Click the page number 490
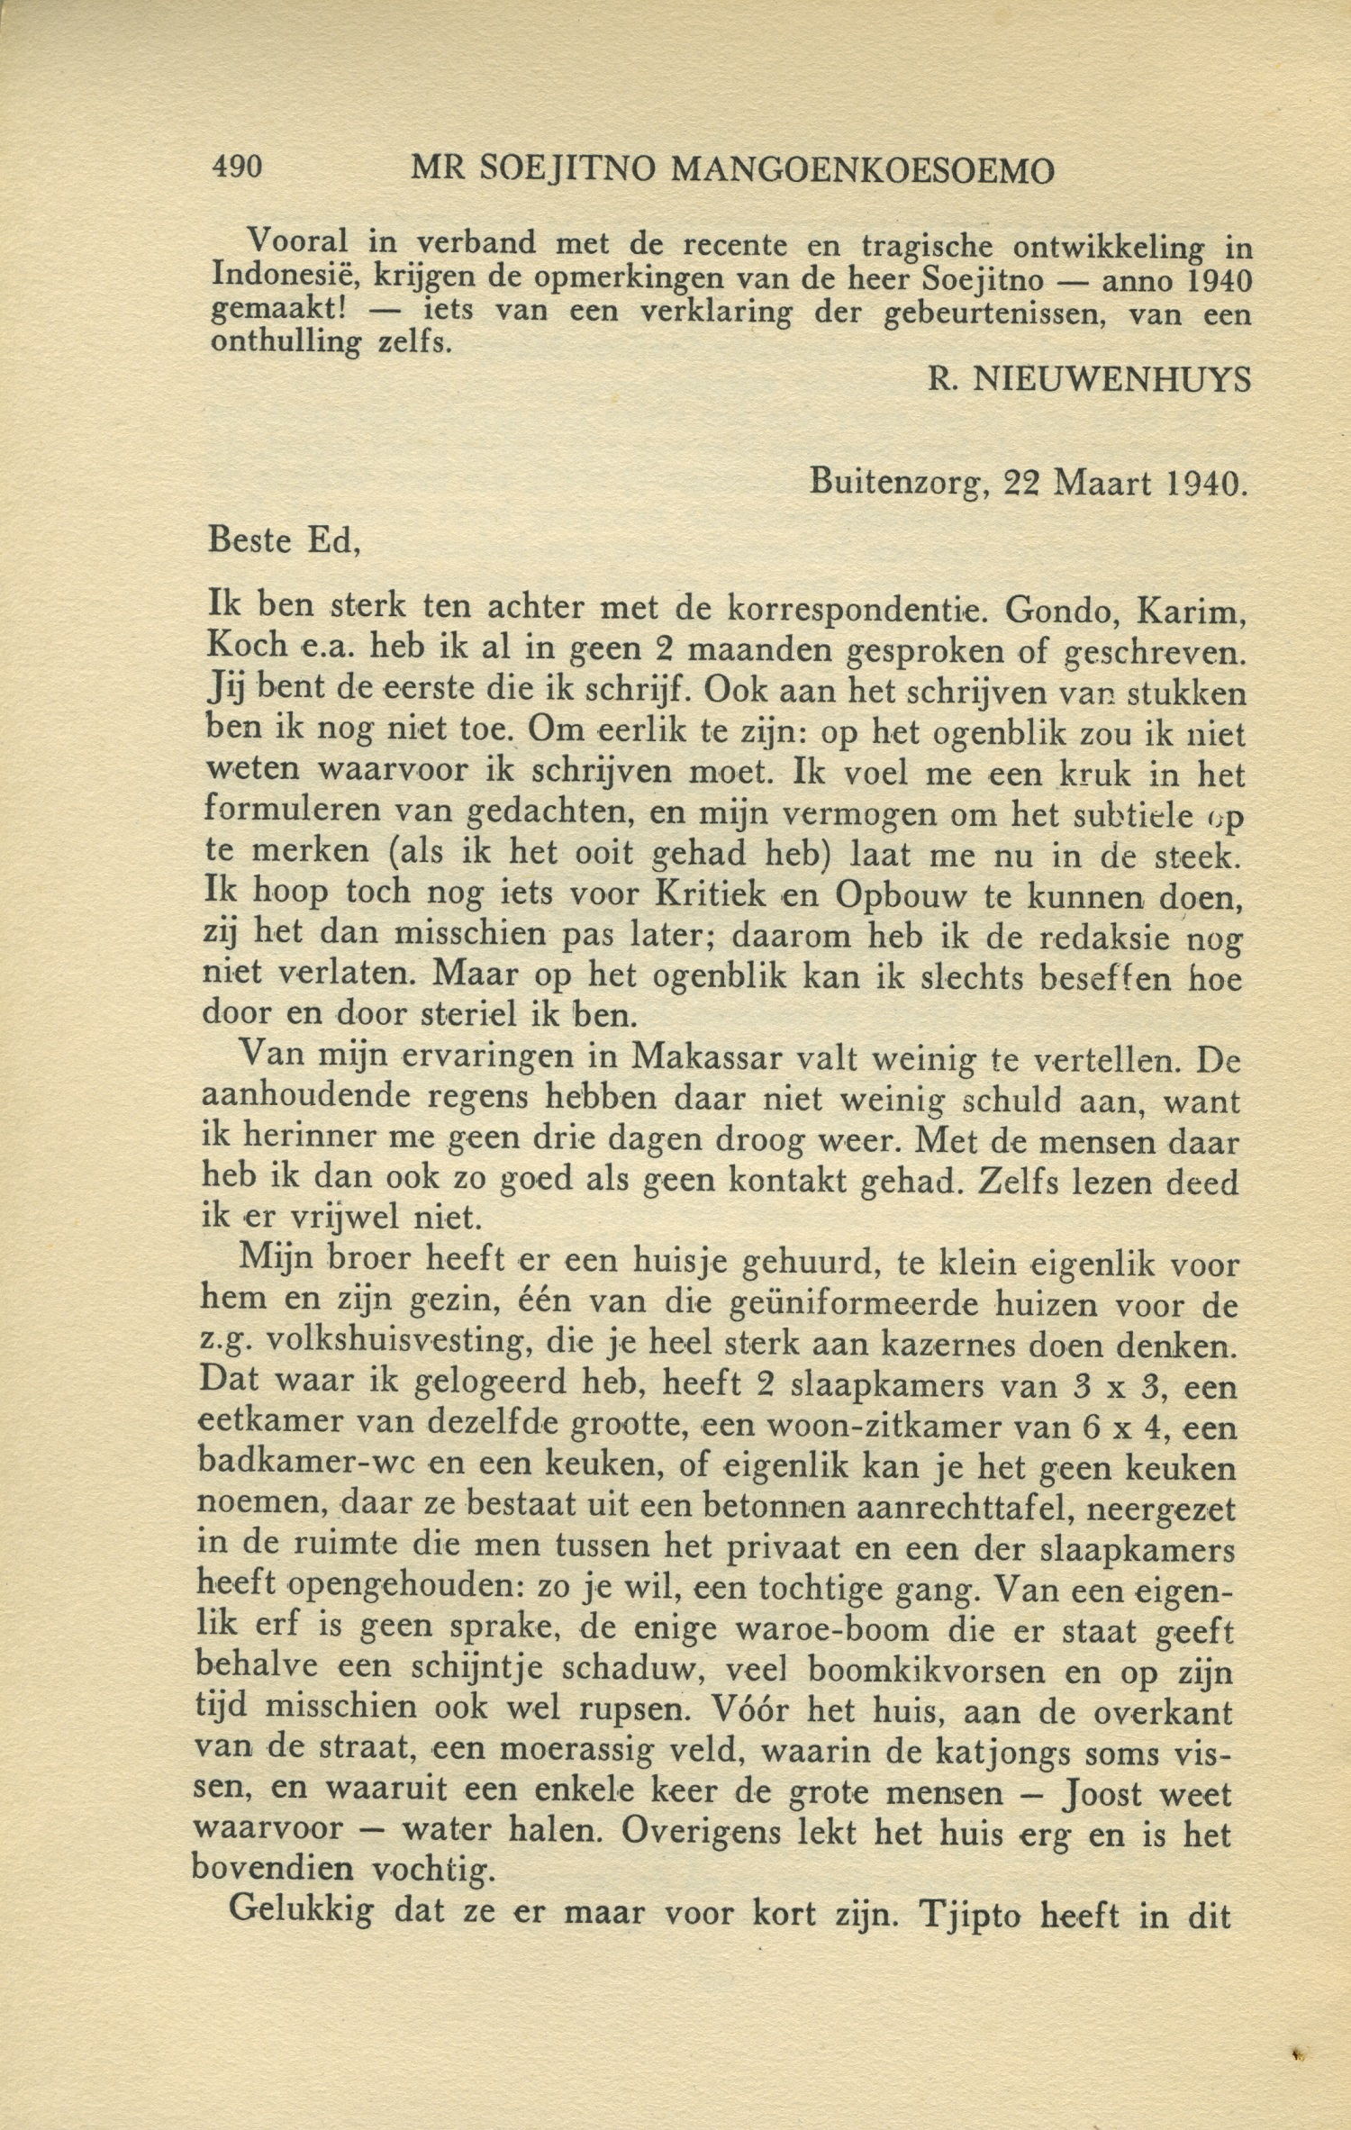point(236,167)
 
